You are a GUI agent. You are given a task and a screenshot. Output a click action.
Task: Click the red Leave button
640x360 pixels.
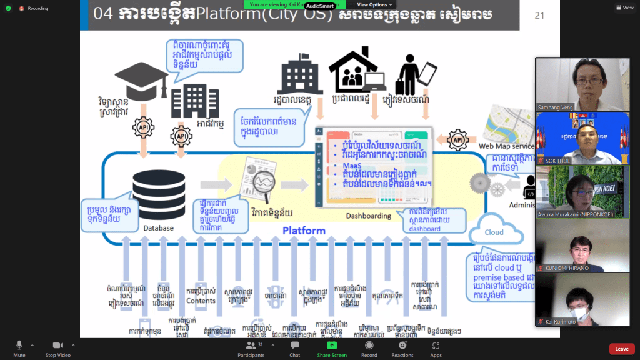[621, 349]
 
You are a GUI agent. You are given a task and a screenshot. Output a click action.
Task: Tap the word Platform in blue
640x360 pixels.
[304, 231]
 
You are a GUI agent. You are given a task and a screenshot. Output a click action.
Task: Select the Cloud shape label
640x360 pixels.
[494, 232]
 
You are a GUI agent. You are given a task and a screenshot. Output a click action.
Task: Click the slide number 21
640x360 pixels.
[539, 16]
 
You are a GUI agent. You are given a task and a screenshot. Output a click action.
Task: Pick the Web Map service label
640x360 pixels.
[507, 146]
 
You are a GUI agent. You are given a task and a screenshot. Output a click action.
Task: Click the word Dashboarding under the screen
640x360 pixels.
[368, 216]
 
